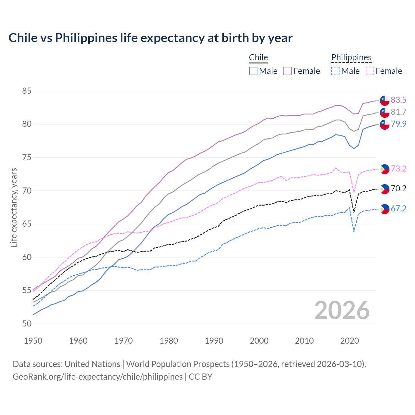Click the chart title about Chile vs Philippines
tap(150, 38)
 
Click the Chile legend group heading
tap(258, 58)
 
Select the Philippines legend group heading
tap(351, 58)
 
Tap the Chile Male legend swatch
tap(253, 71)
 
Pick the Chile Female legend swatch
tap(288, 71)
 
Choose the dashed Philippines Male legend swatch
tap(335, 71)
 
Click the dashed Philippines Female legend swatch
tap(370, 71)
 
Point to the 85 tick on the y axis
tap(27, 91)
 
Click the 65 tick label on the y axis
tap(27, 224)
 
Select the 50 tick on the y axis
tap(27, 324)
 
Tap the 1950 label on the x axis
tap(33, 341)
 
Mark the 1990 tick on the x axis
tap(214, 341)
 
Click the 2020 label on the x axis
tap(350, 341)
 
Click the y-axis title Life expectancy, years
tap(14, 207)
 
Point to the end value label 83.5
tap(398, 100)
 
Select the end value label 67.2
tap(398, 208)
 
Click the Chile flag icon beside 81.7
tap(385, 112)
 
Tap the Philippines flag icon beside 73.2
tap(385, 169)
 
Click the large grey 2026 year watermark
tap(342, 310)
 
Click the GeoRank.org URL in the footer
tap(98, 377)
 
